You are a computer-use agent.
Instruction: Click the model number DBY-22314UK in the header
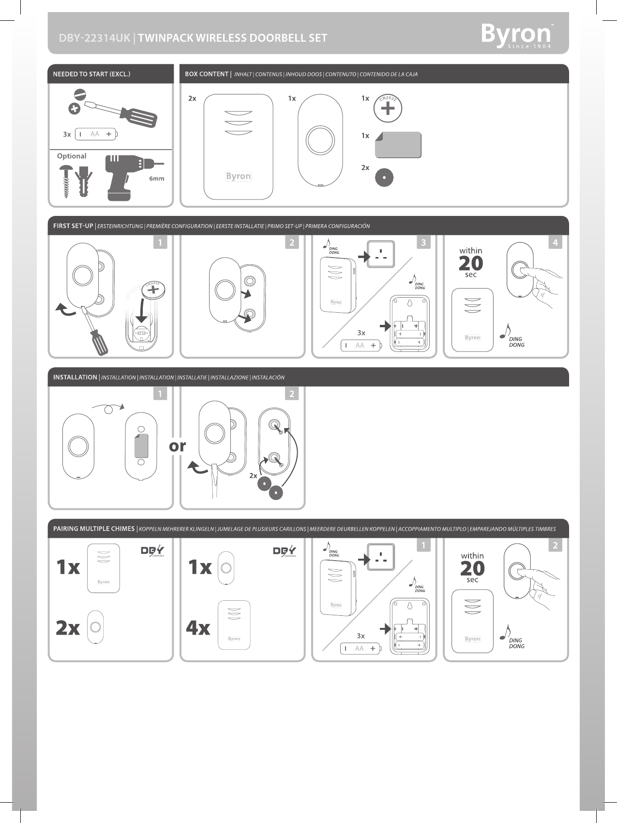click(x=94, y=38)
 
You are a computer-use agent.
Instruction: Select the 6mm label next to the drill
click(x=156, y=179)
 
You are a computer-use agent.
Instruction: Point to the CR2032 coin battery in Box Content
click(x=388, y=108)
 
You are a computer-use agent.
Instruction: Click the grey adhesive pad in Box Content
click(x=398, y=145)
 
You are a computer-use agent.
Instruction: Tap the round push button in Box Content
click(x=320, y=140)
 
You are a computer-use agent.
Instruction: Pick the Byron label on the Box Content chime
click(x=239, y=176)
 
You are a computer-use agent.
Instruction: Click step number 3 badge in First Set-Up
click(x=423, y=242)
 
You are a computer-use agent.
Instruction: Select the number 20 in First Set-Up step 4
click(x=471, y=263)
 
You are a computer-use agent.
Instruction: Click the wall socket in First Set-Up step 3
click(x=381, y=254)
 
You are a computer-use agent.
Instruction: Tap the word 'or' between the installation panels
click(x=178, y=446)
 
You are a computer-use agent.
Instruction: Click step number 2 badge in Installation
click(x=292, y=394)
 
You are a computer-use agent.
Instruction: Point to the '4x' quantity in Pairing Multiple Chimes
click(x=198, y=628)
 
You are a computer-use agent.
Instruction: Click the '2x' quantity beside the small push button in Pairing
click(x=68, y=628)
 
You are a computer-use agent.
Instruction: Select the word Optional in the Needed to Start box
click(x=72, y=156)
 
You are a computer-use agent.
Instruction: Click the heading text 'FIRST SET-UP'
click(x=73, y=226)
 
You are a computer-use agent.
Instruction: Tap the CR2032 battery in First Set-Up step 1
click(x=153, y=290)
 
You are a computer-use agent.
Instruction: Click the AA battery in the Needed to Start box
click(x=96, y=134)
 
